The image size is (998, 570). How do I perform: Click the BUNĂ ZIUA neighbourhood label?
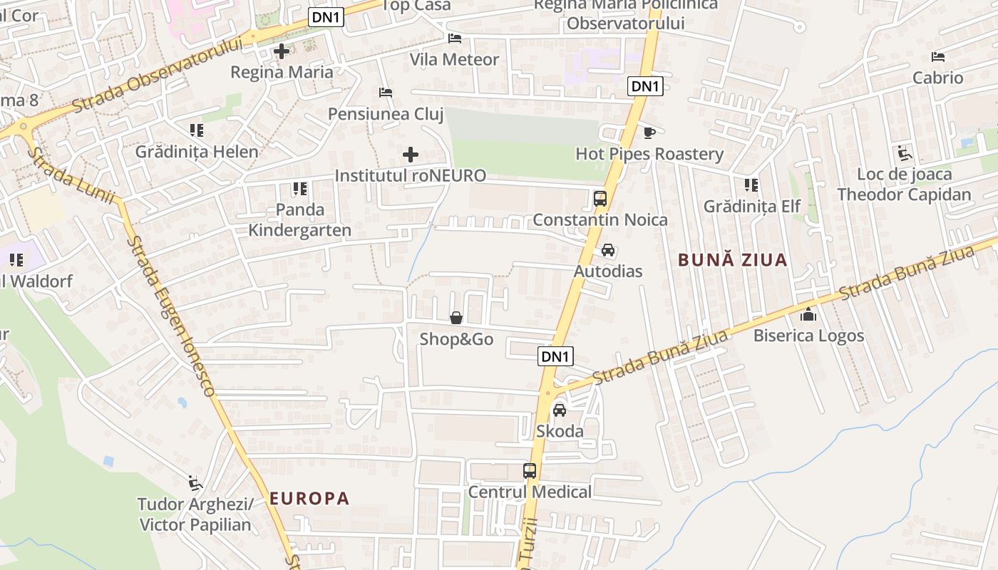(733, 260)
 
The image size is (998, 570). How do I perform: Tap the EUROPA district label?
(309, 498)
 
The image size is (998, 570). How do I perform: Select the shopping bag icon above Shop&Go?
(456, 318)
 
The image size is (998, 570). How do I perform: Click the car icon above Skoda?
(560, 410)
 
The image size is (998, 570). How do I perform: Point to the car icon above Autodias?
(608, 250)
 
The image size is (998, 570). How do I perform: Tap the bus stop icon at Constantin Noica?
(600, 198)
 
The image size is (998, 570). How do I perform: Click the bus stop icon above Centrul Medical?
(530, 470)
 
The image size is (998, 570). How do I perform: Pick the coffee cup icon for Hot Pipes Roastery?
(649, 133)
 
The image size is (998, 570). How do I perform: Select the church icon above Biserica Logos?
(808, 314)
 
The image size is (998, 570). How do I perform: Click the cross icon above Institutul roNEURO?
(411, 154)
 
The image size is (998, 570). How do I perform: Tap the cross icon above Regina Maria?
(282, 51)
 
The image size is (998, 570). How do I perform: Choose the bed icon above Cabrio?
(938, 57)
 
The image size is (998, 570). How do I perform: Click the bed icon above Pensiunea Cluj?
(385, 93)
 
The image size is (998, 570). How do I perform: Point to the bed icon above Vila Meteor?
(455, 38)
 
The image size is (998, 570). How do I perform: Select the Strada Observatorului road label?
(157, 74)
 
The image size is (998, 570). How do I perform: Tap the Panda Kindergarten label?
(299, 219)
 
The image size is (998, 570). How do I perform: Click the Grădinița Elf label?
(752, 206)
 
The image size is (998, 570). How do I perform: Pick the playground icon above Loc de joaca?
(905, 152)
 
